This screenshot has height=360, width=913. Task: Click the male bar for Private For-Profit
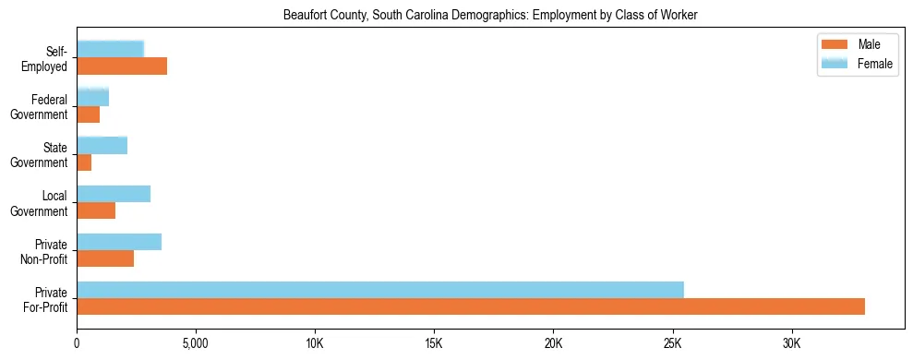click(471, 306)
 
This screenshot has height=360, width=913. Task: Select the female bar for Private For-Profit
click(380, 290)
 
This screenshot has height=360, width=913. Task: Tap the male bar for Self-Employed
click(122, 66)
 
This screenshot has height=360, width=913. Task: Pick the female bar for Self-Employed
click(110, 49)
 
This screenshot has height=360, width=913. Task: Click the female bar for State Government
click(102, 145)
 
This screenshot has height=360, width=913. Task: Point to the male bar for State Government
click(84, 162)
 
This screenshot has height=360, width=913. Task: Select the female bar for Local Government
click(114, 194)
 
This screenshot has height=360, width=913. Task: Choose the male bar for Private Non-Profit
click(105, 259)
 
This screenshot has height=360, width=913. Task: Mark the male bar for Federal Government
click(89, 114)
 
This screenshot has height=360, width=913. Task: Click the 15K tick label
click(434, 342)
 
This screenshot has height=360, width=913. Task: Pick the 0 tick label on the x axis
click(77, 342)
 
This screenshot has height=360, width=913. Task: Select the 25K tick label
click(673, 342)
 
